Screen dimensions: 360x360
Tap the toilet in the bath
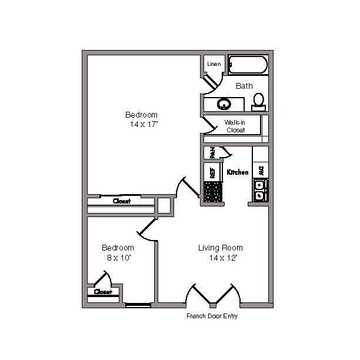[x=259, y=102]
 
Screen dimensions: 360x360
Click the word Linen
[x=214, y=64]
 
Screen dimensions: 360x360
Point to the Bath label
[x=244, y=86]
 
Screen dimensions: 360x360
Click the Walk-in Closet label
[x=235, y=126]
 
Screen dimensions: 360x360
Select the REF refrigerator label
[x=211, y=172]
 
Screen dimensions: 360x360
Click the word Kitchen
[x=238, y=172]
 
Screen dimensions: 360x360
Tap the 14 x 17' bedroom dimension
[x=144, y=124]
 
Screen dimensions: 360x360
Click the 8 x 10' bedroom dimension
[x=118, y=258]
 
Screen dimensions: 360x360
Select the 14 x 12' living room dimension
[x=223, y=258]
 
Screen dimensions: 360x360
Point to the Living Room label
[x=220, y=248]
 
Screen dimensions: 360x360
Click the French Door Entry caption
[x=212, y=316]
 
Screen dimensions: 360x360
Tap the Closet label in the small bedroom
[x=102, y=292]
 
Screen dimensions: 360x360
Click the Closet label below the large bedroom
[x=121, y=201]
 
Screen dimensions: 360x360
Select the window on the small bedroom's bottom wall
[x=138, y=305]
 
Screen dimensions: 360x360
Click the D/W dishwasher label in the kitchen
[x=260, y=169]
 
